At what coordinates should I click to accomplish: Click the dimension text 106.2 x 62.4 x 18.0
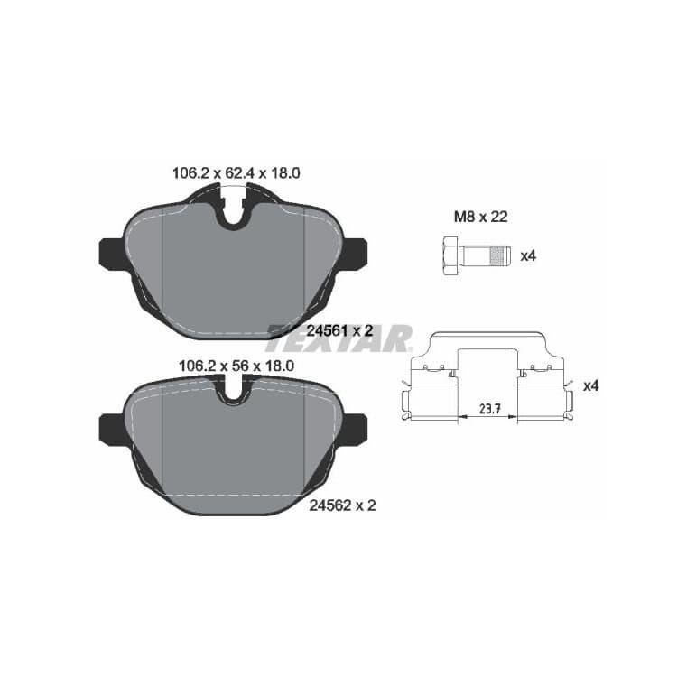pos(236,173)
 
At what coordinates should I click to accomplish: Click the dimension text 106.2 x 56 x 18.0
pos(236,366)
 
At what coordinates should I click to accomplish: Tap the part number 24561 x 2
pos(339,331)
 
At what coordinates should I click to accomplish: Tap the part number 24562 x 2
pos(342,505)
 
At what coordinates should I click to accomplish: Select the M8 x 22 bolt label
pos(480,217)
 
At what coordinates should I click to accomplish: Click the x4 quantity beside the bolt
pos(528,256)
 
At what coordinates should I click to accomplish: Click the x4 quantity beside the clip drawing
pos(591,386)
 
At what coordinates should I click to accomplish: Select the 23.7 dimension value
pos(489,408)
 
